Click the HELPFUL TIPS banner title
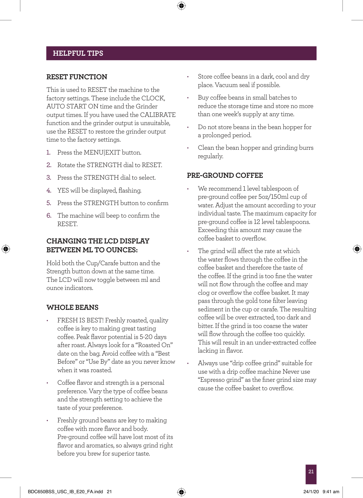tap(78, 53)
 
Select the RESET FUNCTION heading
tap(77, 77)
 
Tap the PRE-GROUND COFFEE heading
tap(225, 175)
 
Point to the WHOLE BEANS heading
tap(72, 307)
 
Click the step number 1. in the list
tap(49, 152)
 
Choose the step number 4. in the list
tap(49, 190)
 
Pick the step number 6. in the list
tap(49, 215)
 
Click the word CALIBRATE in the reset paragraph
tap(158, 115)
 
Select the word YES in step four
tap(63, 190)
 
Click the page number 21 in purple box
tap(311, 471)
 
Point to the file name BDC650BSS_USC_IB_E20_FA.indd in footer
tap(65, 491)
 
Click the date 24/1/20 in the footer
tap(311, 491)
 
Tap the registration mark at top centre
tap(181, 6)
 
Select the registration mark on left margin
tap(6, 249)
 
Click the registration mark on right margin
tap(357, 249)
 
